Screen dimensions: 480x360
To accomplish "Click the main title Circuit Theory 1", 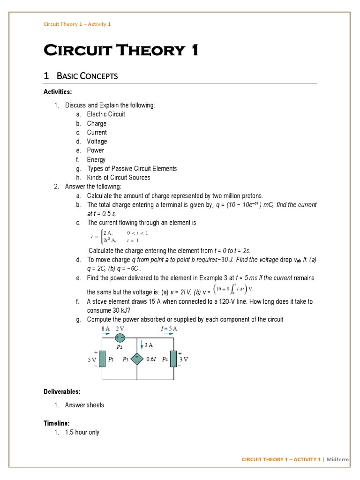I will pos(120,50).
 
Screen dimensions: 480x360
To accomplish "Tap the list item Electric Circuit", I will pos(106,114).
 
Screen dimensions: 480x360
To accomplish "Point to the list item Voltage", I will pos(97,142).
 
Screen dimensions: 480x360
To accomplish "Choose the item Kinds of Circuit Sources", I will pos(119,178).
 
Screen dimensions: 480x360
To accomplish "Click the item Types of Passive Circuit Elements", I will pos(132,169).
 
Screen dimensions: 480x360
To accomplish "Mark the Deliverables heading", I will pos(62,391).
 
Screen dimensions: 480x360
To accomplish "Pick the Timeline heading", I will pos(57,423).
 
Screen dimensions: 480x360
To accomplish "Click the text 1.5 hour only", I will pos(82,432).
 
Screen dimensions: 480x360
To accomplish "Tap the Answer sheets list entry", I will pos(84,405).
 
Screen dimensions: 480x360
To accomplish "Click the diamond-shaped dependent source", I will pos(137,359).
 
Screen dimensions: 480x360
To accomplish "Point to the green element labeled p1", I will pos(102,359).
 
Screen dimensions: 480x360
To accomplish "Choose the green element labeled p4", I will pos(173,359).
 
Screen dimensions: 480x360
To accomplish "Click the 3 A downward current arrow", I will pos(142,346).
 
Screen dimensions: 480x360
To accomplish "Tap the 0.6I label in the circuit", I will pos(151,360).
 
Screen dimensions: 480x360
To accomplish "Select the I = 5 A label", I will pos(169,329).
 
